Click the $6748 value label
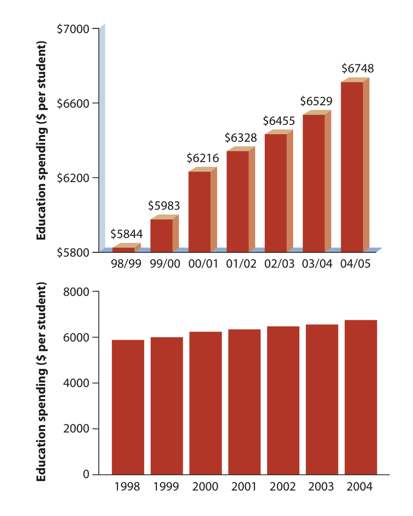357,68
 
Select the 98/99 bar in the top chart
124,249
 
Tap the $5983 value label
164,206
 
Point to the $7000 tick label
73,29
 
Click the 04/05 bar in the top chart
352,167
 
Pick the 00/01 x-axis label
203,264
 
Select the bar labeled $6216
200,212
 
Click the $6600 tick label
73,103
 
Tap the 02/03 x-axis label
279,264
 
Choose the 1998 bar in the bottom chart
128,407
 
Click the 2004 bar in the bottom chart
361,397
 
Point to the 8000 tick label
76,292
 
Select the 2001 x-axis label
244,486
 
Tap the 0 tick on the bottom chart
86,474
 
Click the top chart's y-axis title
41,140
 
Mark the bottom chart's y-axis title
41,382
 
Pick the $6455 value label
279,121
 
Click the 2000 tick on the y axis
76,429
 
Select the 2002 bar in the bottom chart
283,400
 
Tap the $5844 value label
126,234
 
